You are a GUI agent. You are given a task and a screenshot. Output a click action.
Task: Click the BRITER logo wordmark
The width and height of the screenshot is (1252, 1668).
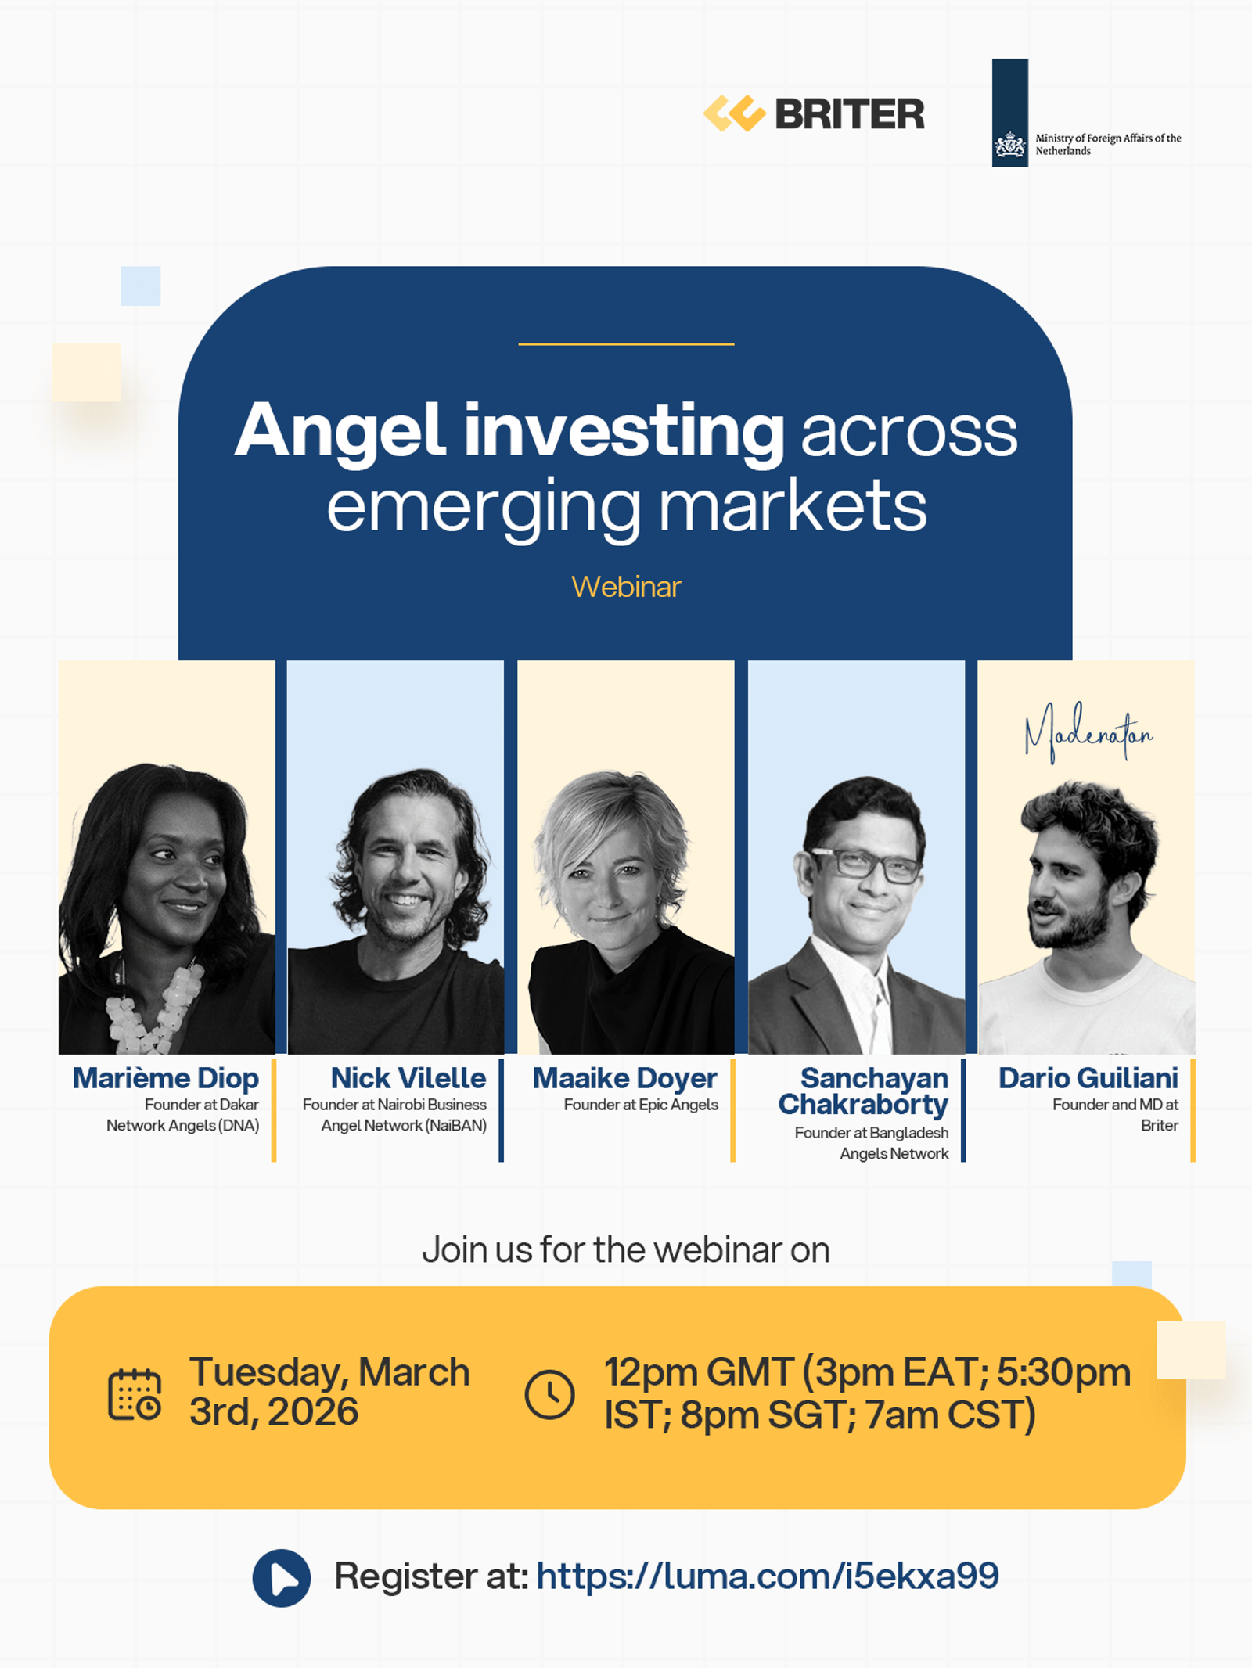850,114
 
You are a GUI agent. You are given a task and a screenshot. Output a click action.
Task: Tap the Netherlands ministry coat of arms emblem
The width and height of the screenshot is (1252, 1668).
1009,145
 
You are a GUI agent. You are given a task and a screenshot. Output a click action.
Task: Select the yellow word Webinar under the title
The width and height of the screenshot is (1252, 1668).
626,587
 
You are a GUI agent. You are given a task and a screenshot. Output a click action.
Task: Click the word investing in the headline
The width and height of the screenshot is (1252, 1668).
624,433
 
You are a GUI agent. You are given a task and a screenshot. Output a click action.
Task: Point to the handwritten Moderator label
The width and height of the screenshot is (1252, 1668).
1088,733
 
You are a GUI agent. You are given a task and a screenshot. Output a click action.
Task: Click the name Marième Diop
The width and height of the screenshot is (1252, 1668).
166,1078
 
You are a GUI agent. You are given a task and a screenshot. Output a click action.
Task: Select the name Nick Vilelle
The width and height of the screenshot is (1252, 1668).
408,1078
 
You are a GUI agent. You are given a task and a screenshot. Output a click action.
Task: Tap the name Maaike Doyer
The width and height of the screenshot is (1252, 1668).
625,1078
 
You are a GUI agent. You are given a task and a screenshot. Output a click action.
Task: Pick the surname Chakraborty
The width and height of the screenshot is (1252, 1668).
863,1105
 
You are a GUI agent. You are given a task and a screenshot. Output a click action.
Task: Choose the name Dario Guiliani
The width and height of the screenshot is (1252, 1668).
1088,1078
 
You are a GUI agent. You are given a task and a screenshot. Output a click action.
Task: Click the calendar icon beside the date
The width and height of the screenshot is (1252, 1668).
135,1394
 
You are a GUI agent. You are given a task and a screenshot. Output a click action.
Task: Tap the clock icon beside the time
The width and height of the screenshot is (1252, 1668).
550,1394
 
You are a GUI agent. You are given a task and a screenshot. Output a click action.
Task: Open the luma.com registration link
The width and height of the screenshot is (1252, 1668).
768,1576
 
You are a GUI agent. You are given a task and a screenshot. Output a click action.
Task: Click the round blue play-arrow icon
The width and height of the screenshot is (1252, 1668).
282,1578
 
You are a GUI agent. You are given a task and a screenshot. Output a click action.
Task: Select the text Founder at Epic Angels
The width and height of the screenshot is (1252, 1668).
641,1105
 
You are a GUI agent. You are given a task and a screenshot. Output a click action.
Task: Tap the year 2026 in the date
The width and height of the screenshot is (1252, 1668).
313,1412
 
